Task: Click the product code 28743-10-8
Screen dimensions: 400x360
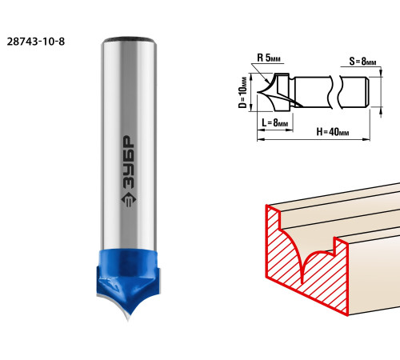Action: (x=36, y=42)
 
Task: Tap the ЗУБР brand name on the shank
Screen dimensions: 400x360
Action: (x=129, y=162)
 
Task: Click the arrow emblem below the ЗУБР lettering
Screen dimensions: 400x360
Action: (x=129, y=199)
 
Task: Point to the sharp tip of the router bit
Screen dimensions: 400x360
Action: (x=128, y=320)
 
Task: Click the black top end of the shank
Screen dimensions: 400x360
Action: (x=129, y=40)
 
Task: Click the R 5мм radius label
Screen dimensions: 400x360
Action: (x=269, y=58)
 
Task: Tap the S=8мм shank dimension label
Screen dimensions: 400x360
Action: (x=362, y=62)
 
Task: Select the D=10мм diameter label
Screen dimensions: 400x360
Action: (x=242, y=93)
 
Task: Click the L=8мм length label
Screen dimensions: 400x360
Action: (x=275, y=122)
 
